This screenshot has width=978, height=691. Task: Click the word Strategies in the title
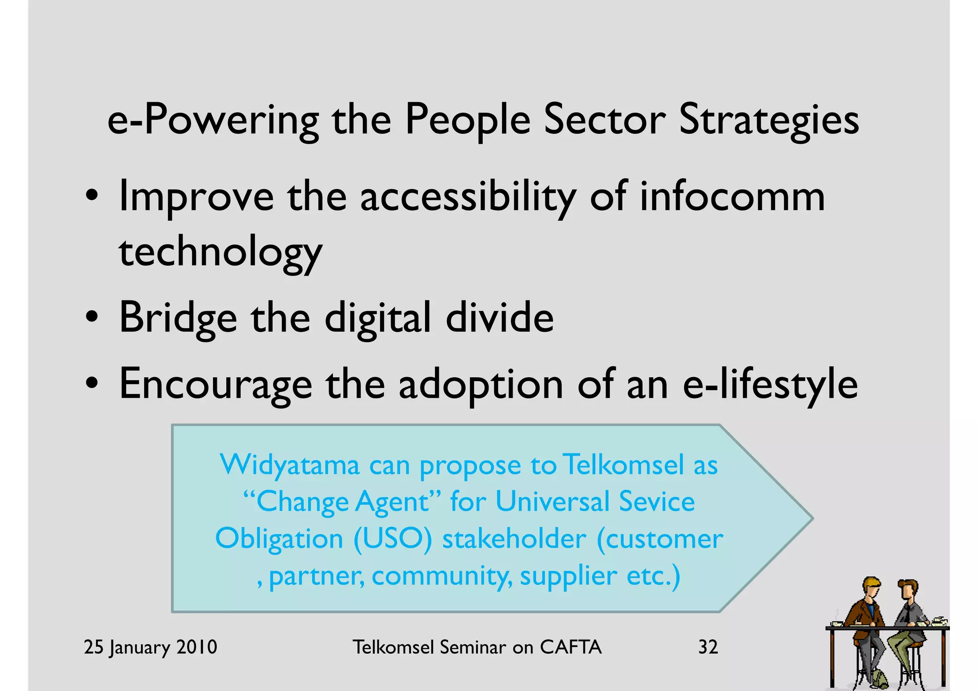768,120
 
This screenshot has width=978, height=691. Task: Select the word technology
221,253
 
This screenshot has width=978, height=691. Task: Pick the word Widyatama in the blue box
289,465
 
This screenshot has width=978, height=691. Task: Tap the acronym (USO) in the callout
393,539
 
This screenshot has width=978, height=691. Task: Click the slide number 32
708,647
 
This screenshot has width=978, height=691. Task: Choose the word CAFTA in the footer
571,647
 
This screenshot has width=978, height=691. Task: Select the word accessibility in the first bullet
468,197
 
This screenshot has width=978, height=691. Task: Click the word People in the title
468,120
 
